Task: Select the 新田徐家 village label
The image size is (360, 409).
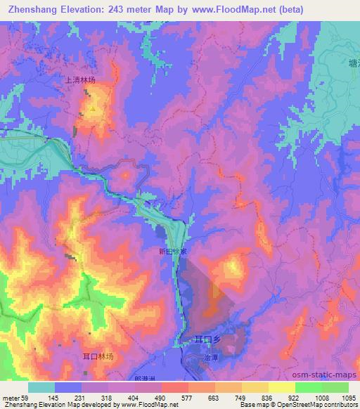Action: pos(172,251)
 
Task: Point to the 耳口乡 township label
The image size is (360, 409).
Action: pos(208,339)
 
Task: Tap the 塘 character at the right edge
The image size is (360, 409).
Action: pos(354,63)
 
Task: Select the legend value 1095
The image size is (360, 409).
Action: pos(348,397)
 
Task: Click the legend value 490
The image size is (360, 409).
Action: pos(161,397)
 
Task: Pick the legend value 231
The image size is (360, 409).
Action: pos(81,397)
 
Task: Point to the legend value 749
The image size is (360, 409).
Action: pos(241,397)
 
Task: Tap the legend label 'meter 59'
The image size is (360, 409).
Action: pos(15,397)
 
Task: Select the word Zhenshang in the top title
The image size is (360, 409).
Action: pos(29,10)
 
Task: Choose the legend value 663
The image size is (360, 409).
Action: pos(214,397)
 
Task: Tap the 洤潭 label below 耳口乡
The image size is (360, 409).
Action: pos(212,357)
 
